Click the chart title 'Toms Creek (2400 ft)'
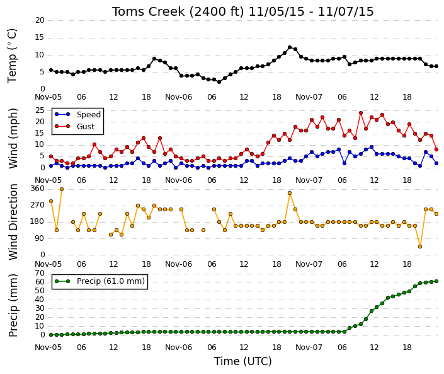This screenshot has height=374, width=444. [x=178, y=11]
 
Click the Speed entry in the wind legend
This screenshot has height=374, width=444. [x=77, y=114]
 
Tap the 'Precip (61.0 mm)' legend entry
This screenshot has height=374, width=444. [x=100, y=281]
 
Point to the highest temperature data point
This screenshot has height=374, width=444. [x=290, y=47]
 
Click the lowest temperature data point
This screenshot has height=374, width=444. [x=219, y=81]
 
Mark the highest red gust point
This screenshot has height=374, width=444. [x=361, y=113]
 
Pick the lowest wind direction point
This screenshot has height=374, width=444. [x=420, y=247]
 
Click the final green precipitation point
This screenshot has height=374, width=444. [x=436, y=281]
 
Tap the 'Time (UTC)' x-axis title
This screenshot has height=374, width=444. [x=242, y=361]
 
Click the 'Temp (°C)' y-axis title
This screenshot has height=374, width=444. [x=12, y=56]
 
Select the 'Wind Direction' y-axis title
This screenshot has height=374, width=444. [x=13, y=222]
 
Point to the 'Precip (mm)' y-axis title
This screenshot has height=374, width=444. [x=13, y=305]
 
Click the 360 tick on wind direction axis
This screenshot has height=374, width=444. [x=38, y=189]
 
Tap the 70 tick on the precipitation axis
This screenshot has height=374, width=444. [x=40, y=273]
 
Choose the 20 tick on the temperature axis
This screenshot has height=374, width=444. [x=40, y=20]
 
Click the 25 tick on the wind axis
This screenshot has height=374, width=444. [x=40, y=110]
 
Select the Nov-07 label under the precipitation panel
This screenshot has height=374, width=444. [x=309, y=348]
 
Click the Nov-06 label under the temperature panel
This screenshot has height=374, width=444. [x=178, y=97]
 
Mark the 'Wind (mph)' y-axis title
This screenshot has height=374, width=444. [x=13, y=139]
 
